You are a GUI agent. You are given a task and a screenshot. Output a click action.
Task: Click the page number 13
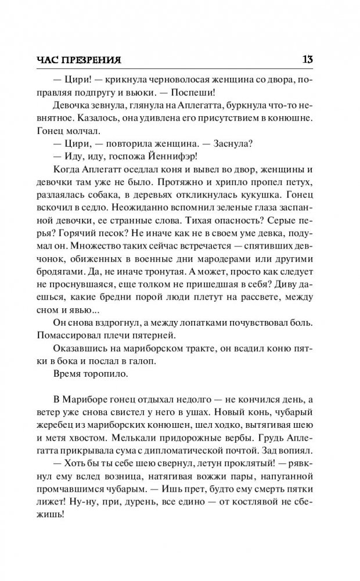(x=309, y=59)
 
